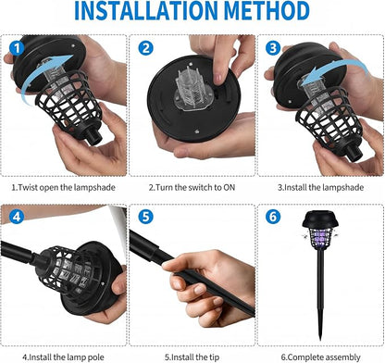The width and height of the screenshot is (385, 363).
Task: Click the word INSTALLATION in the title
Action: tap(147, 11)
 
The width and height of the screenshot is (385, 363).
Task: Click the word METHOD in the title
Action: tap(267, 11)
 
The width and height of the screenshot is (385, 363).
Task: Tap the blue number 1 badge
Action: tap(17, 48)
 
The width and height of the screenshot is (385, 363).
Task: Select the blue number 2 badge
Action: tap(145, 48)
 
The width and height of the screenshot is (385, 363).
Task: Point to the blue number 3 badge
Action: tap(273, 48)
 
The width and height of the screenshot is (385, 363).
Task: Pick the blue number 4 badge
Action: tap(17, 217)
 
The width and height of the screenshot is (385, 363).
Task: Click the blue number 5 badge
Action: tap(145, 217)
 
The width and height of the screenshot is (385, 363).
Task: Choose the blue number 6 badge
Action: tap(273, 217)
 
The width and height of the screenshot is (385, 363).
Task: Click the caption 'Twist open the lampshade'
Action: tap(67, 187)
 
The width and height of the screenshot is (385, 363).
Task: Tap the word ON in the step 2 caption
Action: tap(229, 187)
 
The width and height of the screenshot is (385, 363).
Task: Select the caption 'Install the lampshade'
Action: tap(324, 187)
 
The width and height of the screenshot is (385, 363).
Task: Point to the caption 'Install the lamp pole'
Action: tap(67, 357)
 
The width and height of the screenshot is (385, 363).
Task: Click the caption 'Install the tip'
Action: tap(195, 357)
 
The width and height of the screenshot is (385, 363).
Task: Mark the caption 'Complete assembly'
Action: tap(324, 357)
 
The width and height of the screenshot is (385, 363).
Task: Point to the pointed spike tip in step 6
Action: tap(320, 339)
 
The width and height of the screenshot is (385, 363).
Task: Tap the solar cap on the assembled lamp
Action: tap(320, 219)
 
